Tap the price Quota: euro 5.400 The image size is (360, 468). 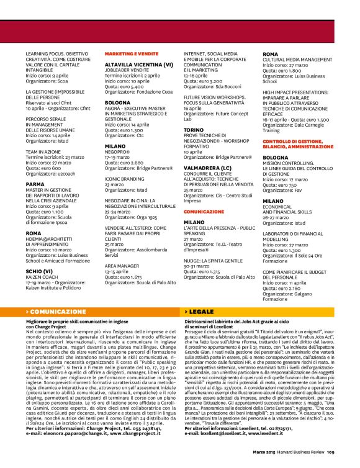127,87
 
